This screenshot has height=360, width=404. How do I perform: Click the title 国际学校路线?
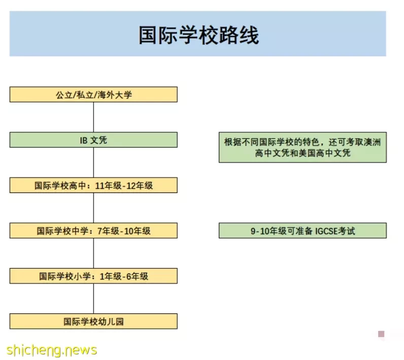pos(198,35)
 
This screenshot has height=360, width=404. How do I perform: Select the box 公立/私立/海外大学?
pos(93,94)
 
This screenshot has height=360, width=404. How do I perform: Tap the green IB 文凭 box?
pos(93,140)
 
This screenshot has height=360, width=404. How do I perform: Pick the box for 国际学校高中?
pos(93,185)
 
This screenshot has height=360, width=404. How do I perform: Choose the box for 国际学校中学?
pos(93,230)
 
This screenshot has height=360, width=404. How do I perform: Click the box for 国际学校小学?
pos(93,276)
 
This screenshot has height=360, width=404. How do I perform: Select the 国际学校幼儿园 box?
pos(93,321)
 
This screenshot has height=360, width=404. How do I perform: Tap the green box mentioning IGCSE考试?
pos(302,230)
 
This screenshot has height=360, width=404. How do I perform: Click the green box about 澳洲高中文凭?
pos(302,147)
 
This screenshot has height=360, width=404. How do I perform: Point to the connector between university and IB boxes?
pos(93,117)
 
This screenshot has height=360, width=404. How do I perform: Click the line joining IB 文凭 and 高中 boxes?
pos(93,162)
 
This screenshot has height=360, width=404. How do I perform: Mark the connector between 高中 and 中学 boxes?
pos(93,208)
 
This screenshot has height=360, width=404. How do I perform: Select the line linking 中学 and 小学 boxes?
pos(93,253)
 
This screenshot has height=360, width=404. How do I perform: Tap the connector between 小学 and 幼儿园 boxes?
pos(93,299)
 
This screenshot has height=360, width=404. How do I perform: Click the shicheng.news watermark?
pos(52,350)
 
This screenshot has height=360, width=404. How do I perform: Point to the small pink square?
pos(381,334)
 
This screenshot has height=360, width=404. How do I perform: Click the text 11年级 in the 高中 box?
pos(108,185)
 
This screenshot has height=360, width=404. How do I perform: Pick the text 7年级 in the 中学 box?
pos(108,231)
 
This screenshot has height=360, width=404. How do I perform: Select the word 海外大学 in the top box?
pos(115,95)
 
